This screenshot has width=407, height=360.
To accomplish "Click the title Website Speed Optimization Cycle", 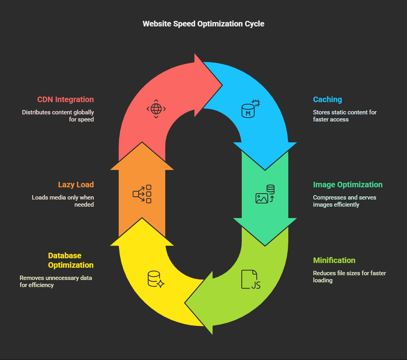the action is pos(203,24).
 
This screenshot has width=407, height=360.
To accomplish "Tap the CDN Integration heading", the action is pos(65,99).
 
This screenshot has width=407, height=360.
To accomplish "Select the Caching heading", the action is pos(327,99).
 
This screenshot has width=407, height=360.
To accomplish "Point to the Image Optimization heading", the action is pos(347,185).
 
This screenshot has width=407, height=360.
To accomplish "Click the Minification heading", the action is pos(334,260).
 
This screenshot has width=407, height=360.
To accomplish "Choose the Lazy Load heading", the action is pos(76,185).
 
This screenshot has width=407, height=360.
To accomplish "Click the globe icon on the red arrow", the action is pos(156,109).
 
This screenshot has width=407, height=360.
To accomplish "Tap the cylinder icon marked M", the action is pos(251,109).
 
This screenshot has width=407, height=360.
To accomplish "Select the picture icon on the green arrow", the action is pos(265,194).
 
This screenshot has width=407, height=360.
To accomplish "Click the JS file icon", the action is pos(251,279).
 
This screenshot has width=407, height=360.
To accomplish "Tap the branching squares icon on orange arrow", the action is pos(142,194).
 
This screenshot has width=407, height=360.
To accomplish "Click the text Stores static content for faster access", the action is pos(345,116).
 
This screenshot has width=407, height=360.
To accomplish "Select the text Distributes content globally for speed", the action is pos(58,116).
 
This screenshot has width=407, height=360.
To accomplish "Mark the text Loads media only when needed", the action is pos(63,201).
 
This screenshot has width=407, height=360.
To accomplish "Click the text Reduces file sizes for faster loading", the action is pos(349,277).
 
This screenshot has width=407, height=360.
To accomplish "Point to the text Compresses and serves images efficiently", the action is pos(344,201).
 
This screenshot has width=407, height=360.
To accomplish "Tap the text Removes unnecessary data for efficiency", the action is pos(56,282).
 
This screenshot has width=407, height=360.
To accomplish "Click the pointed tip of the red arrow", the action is pos(222,85).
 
